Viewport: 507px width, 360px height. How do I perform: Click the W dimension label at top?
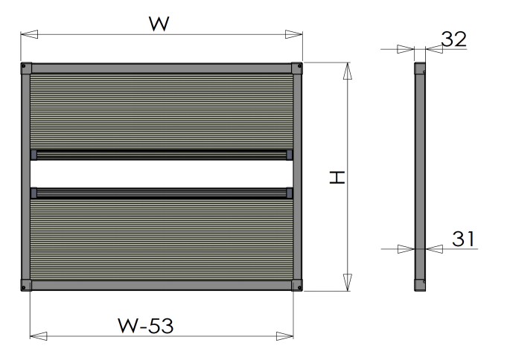coord(159,24)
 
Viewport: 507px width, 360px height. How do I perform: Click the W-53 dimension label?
coord(146,325)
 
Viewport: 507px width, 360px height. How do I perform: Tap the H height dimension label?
coord(337,178)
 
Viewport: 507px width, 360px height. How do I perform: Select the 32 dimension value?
coord(453,39)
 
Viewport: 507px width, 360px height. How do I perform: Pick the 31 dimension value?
coord(463,240)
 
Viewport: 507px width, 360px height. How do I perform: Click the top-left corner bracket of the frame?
coord(26,68)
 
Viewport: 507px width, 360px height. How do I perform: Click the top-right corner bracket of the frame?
coord(296,68)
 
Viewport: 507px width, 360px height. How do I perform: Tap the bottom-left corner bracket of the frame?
coord(26,286)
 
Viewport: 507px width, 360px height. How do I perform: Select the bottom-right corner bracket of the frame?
coord(296,286)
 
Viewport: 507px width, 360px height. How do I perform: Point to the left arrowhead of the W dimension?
coord(29,34)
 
